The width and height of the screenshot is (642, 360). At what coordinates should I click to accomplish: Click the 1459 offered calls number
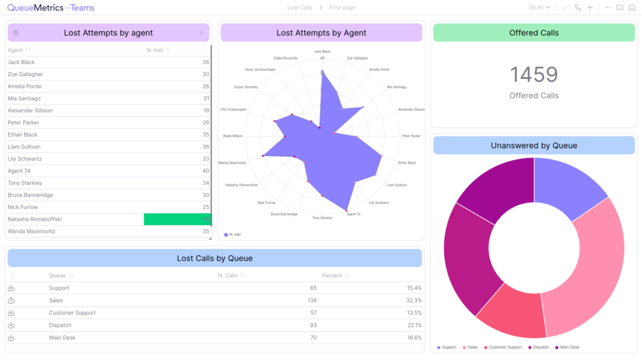(534, 75)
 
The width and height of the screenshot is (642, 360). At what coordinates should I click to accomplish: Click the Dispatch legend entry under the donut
(539, 347)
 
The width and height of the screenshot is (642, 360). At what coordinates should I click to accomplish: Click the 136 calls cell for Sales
(312, 300)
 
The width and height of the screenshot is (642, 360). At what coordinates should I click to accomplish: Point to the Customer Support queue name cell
(72, 312)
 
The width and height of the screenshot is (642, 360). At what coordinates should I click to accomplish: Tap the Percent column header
(332, 275)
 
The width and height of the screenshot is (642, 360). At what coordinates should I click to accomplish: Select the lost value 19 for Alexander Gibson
(206, 110)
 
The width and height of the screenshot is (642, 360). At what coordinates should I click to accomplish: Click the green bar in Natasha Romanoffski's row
(177, 219)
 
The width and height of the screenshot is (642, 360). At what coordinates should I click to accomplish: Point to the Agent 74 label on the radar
(354, 214)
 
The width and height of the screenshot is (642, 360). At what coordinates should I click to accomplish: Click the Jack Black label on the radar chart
(322, 51)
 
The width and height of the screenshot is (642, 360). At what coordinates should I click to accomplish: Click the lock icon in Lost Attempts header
(16, 33)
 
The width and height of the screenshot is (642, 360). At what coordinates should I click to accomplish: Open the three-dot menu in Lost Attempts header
(201, 33)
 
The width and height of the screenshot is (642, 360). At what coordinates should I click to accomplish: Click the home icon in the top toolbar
(632, 8)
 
